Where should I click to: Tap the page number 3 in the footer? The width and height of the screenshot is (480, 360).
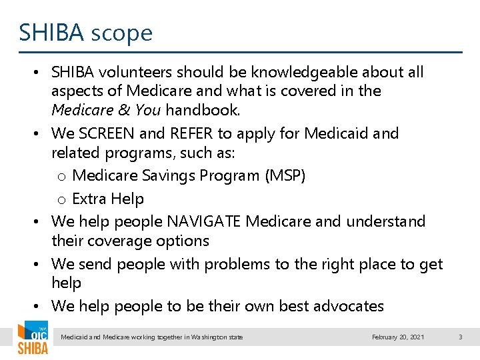click(460, 337)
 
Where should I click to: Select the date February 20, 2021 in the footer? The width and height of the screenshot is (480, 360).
click(398, 337)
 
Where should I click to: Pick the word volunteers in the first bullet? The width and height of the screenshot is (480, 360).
click(137, 72)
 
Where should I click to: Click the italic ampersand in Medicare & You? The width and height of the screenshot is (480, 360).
click(124, 109)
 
